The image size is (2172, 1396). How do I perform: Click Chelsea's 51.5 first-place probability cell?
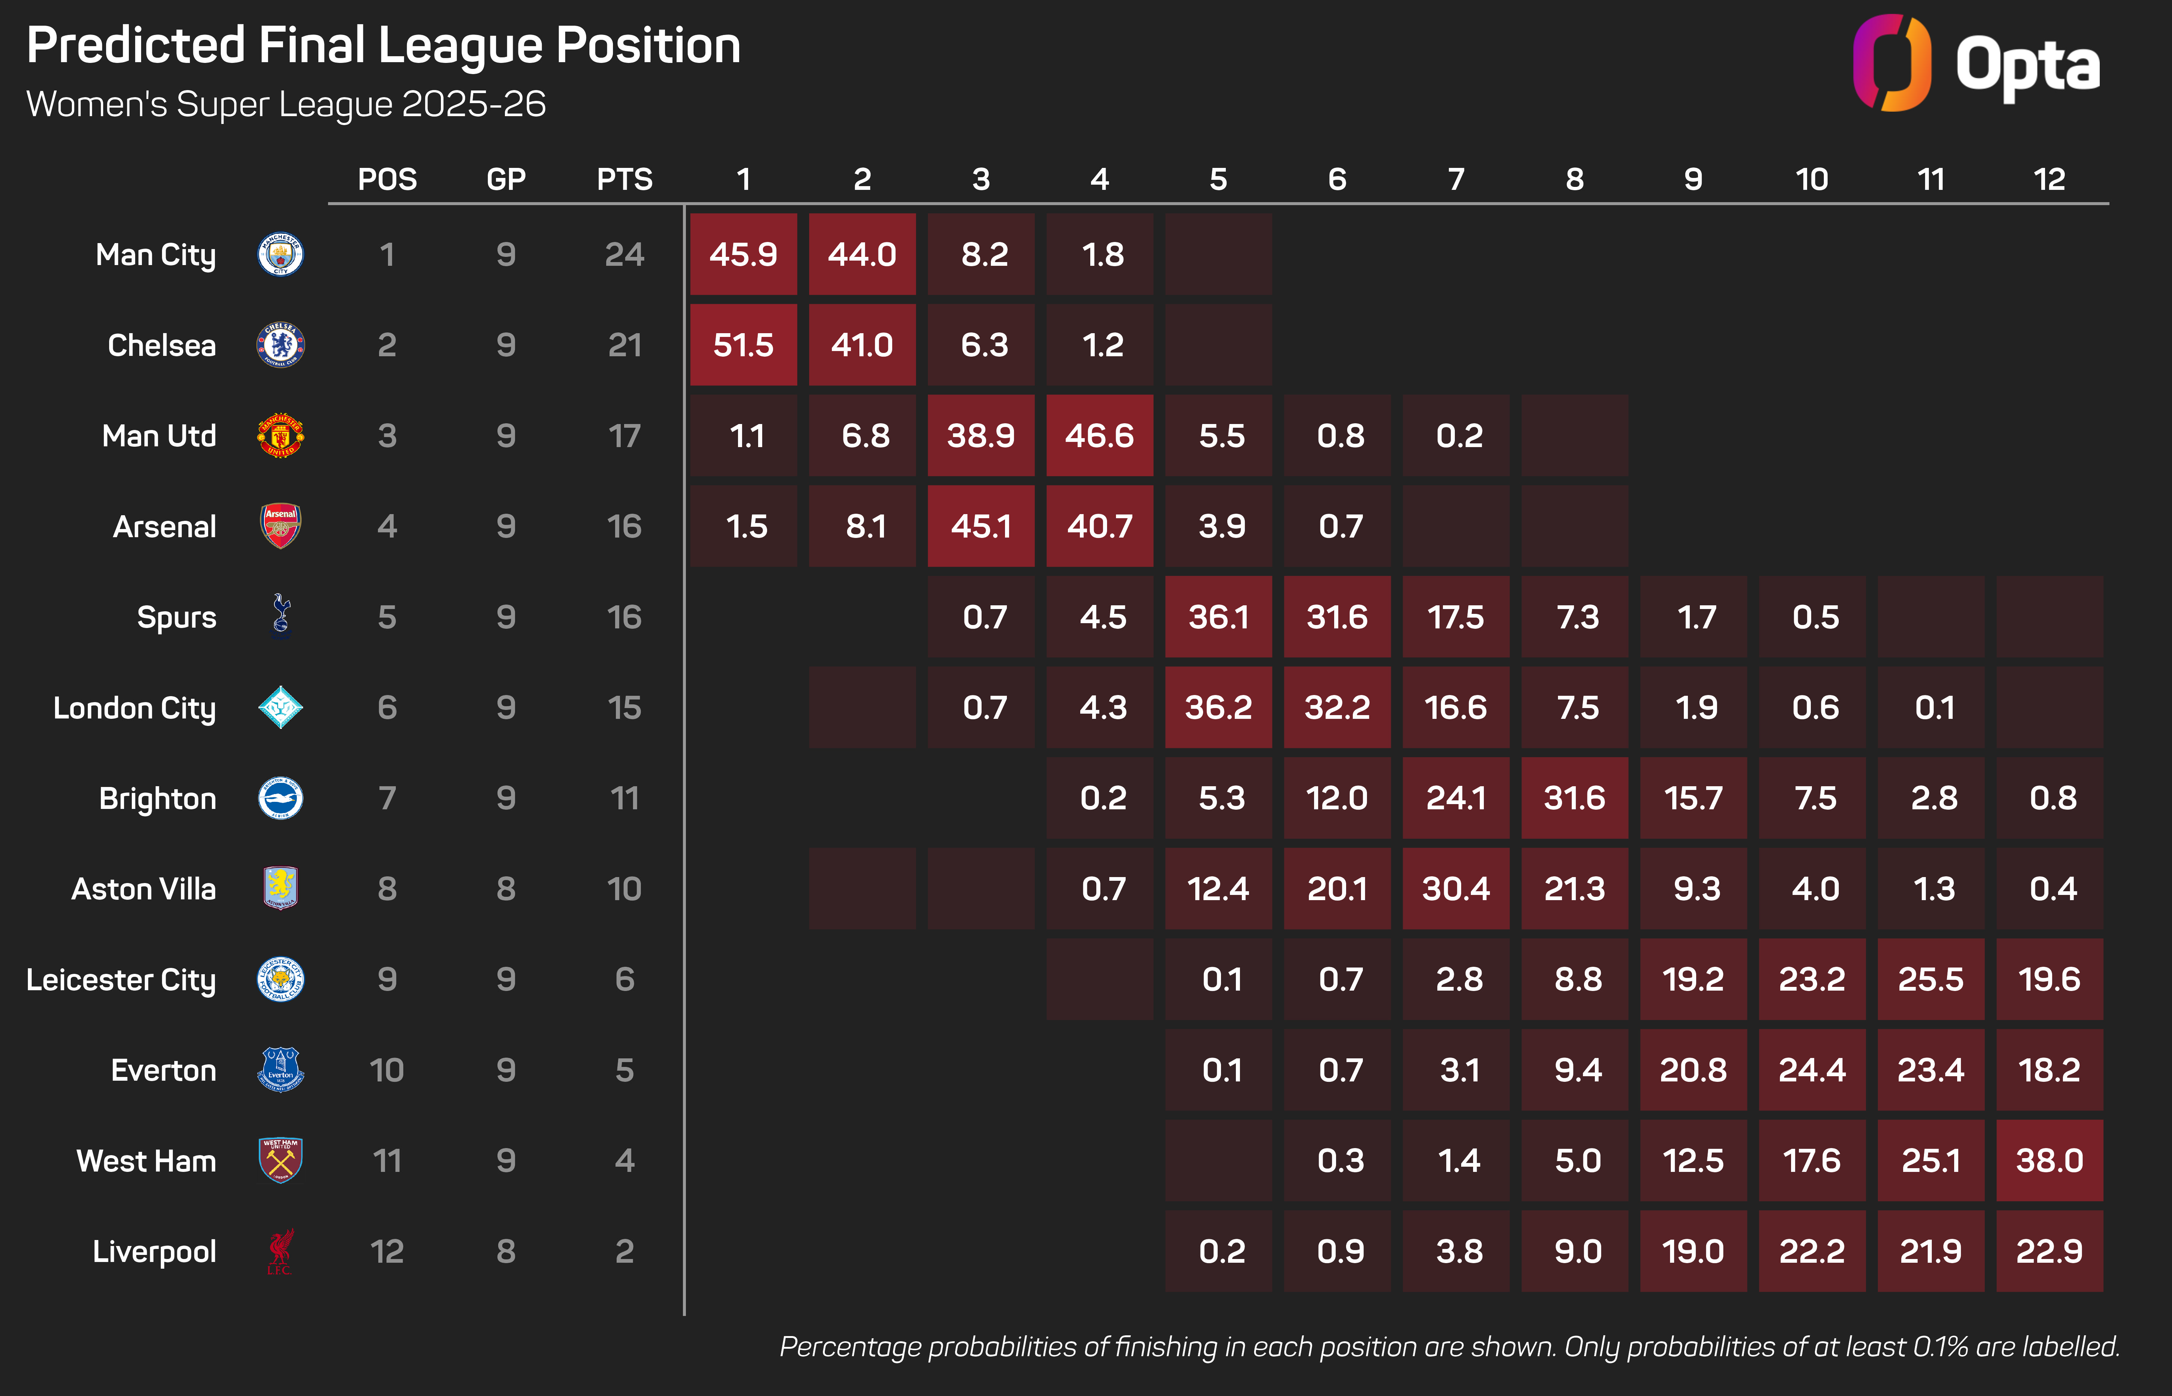tap(743, 344)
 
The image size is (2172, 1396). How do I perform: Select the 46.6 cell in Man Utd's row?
tap(1100, 435)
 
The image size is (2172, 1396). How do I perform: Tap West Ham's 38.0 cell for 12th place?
tap(2049, 1160)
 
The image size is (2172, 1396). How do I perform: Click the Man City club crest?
tap(280, 255)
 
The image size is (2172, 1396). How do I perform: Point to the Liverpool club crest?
tap(280, 1251)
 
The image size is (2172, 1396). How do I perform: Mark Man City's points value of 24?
tap(624, 255)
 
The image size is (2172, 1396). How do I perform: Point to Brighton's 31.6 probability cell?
tap(1575, 798)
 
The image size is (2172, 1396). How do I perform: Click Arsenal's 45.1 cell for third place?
tap(981, 526)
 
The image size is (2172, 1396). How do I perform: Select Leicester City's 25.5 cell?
tap(1931, 979)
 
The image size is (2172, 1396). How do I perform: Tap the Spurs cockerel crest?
tap(280, 616)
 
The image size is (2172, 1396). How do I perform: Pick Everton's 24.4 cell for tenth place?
tap(1812, 1070)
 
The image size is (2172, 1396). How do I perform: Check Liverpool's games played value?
tap(506, 1251)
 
